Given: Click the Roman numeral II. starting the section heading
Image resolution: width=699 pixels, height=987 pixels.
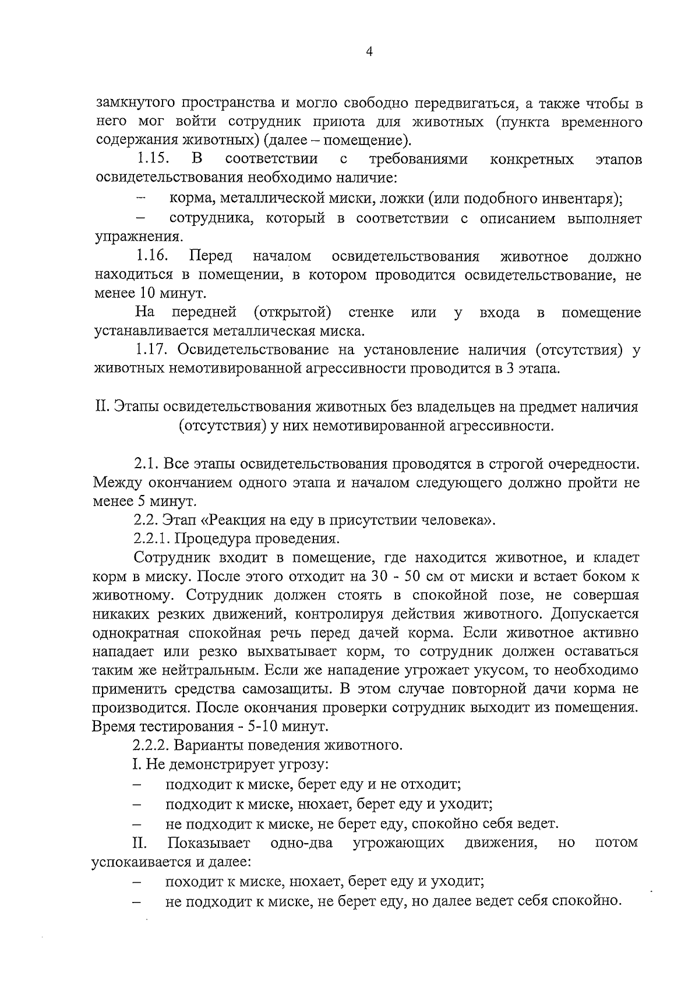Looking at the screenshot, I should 102,406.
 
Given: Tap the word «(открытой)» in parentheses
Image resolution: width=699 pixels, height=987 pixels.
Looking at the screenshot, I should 292,313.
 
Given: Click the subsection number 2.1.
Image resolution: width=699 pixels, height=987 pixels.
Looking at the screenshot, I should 147,464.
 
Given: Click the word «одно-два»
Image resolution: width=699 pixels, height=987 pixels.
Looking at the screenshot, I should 302,843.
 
